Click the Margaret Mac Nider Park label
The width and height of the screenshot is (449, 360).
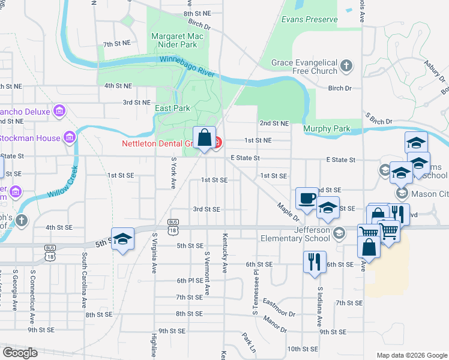[x=173, y=40]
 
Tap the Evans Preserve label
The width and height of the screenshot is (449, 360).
[x=310, y=19]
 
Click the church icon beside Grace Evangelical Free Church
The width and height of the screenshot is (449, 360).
[x=346, y=65]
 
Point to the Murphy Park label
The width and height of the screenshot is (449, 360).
[x=327, y=128]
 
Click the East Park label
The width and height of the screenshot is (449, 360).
[x=172, y=108]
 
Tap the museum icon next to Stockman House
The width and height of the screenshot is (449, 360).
[x=70, y=138]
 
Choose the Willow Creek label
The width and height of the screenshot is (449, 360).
[x=61, y=182]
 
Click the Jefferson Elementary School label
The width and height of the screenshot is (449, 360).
[x=295, y=234]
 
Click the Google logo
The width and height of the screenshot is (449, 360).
[x=19, y=353]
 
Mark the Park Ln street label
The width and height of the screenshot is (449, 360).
[x=249, y=343]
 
